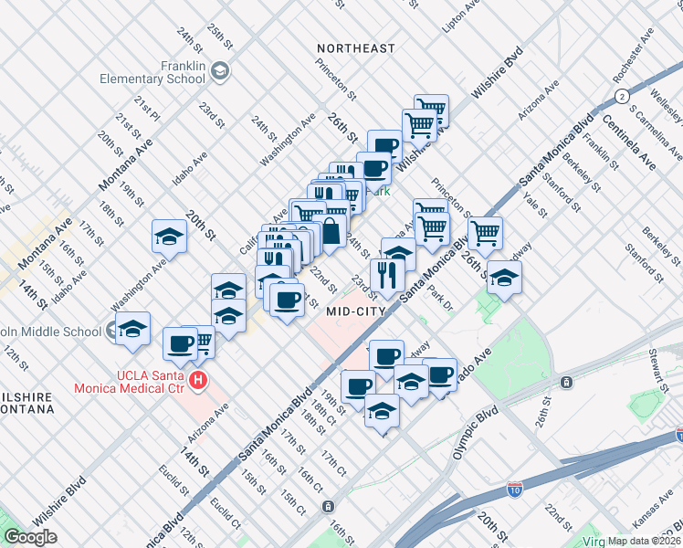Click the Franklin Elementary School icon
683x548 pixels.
tap(220, 70)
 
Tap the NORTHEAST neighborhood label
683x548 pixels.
tap(356, 47)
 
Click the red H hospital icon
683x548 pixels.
tap(197, 381)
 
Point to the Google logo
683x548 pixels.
tap(30, 537)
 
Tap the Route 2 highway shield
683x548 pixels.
tap(622, 96)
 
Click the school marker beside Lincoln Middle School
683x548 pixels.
tap(131, 328)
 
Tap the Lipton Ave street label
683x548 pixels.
tap(460, 16)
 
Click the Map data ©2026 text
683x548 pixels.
tap(645, 541)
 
